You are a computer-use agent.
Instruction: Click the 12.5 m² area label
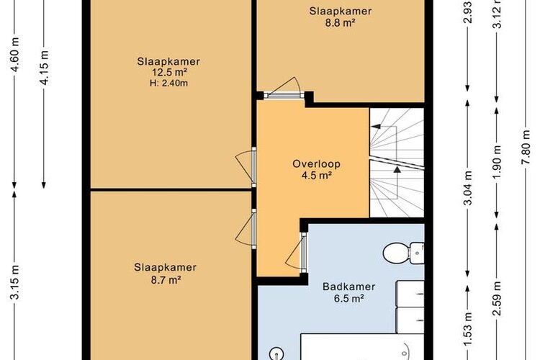[x=169, y=72]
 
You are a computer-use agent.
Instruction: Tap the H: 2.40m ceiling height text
[x=168, y=83]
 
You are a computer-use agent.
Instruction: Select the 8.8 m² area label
[x=341, y=22]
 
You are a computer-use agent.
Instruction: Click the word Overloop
[x=316, y=164]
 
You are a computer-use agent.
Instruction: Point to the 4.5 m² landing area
[x=317, y=176]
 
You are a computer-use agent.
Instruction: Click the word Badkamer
[x=349, y=287]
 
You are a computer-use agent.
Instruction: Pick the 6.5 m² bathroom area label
[x=349, y=298]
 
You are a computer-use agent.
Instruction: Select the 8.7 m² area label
[x=166, y=279]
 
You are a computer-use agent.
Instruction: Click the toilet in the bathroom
[x=403, y=253]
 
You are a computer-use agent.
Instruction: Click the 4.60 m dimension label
[x=15, y=55]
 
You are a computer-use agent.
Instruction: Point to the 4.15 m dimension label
[x=44, y=67]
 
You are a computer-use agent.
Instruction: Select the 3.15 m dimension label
[x=15, y=282]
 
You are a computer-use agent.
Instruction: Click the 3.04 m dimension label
[x=468, y=188]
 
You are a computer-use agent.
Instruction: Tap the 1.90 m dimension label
[x=497, y=162]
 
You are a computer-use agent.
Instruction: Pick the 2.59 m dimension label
[x=497, y=298]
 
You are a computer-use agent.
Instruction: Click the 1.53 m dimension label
[x=468, y=328]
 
